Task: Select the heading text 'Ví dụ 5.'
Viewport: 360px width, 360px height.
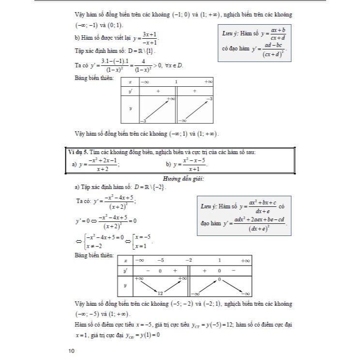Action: coord(78,153)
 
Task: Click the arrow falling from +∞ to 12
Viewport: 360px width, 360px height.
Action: coord(148,285)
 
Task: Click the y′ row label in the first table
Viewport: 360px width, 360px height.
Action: coord(130,90)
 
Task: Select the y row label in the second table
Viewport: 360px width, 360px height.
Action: coord(125,285)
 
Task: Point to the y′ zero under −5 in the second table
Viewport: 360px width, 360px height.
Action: coord(159,271)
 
